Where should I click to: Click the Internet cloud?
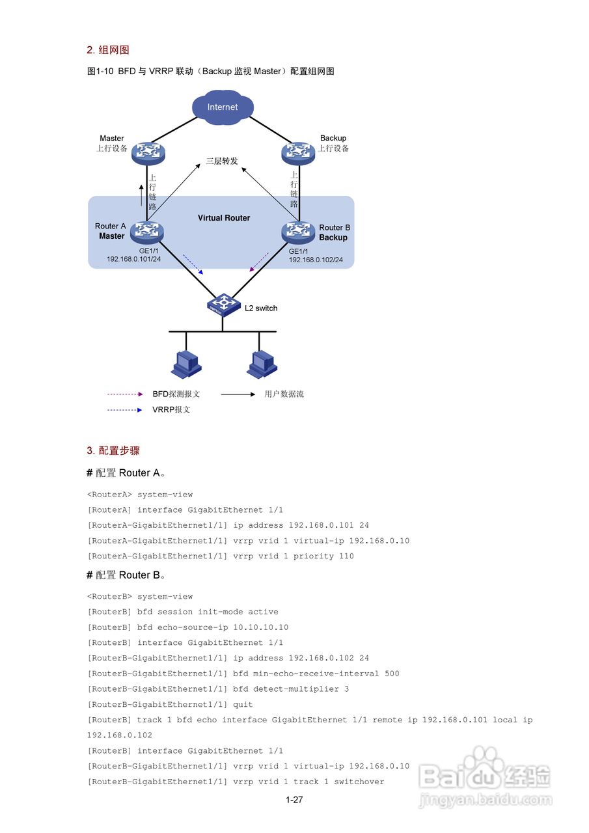tap(223, 107)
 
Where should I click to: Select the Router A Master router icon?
tap(147, 231)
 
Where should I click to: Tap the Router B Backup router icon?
tap(298, 231)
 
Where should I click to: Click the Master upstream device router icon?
tap(148, 153)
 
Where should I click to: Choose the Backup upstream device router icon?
tap(299, 153)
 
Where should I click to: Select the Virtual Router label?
tap(224, 218)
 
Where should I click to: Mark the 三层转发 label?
tap(222, 161)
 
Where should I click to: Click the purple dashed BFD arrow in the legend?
tap(124, 394)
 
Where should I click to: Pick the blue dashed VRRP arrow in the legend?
tap(124, 410)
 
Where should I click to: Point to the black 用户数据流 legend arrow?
tap(238, 394)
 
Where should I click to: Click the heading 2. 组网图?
tap(108, 50)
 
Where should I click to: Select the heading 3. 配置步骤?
tap(113, 450)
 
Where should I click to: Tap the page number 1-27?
tap(294, 800)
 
